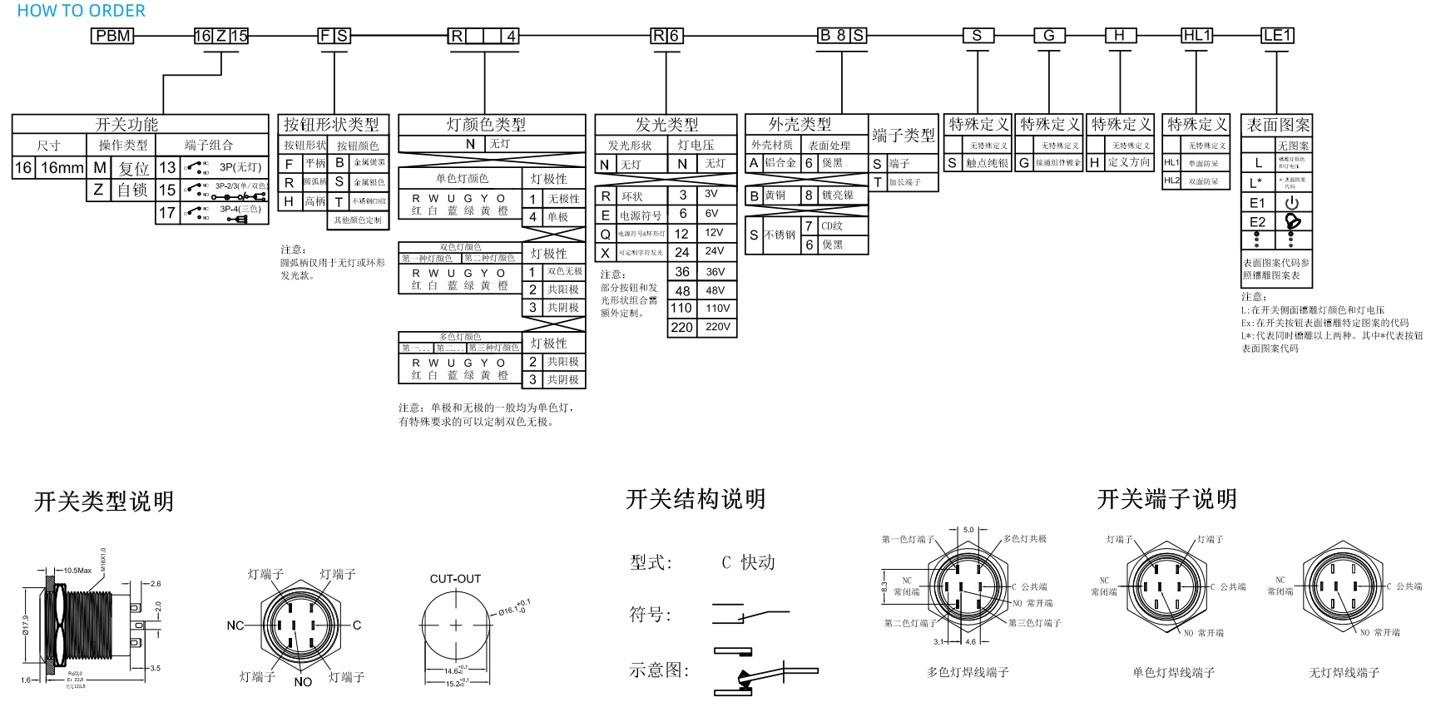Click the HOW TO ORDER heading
click(81, 11)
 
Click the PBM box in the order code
click(112, 36)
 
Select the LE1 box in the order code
click(1277, 35)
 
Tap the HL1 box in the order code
click(1196, 35)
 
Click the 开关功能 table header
click(126, 124)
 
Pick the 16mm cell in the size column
click(62, 168)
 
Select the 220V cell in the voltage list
click(717, 327)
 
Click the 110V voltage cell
click(717, 308)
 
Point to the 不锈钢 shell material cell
click(780, 235)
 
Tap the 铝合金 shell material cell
click(780, 163)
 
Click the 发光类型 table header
click(666, 125)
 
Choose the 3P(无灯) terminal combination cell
click(240, 167)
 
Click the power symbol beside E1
click(1291, 203)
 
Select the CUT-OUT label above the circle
click(455, 579)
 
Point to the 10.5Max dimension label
click(77, 571)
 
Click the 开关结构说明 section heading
click(695, 499)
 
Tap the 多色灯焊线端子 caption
click(968, 672)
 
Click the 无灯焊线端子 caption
click(1344, 672)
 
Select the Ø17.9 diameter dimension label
click(26, 624)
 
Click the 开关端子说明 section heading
click(1166, 499)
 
